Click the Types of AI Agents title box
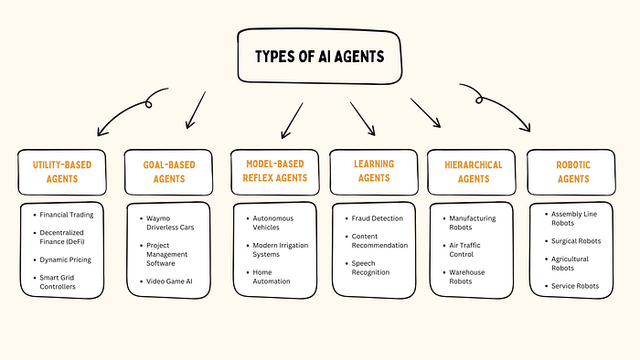321,56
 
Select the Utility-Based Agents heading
62,172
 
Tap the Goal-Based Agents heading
163,172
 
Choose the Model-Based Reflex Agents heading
272,172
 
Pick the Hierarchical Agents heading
471,172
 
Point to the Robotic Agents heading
571,172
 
